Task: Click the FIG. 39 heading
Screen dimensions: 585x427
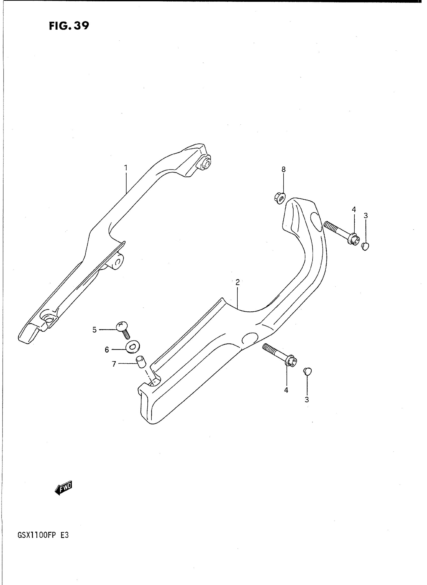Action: tap(69, 26)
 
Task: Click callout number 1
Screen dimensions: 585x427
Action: tap(126, 168)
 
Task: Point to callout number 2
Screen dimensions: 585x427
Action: tap(238, 282)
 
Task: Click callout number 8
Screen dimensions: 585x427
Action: tap(284, 169)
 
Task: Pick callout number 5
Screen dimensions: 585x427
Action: tap(95, 329)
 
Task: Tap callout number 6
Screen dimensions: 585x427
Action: tap(107, 350)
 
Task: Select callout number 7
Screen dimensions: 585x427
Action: tap(114, 364)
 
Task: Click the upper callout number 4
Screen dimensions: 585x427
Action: tap(354, 209)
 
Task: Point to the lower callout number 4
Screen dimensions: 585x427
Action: tap(286, 390)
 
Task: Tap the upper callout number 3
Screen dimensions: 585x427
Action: tap(365, 215)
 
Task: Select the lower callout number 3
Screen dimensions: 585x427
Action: tap(306, 400)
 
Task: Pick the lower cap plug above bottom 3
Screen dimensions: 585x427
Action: tap(307, 371)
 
